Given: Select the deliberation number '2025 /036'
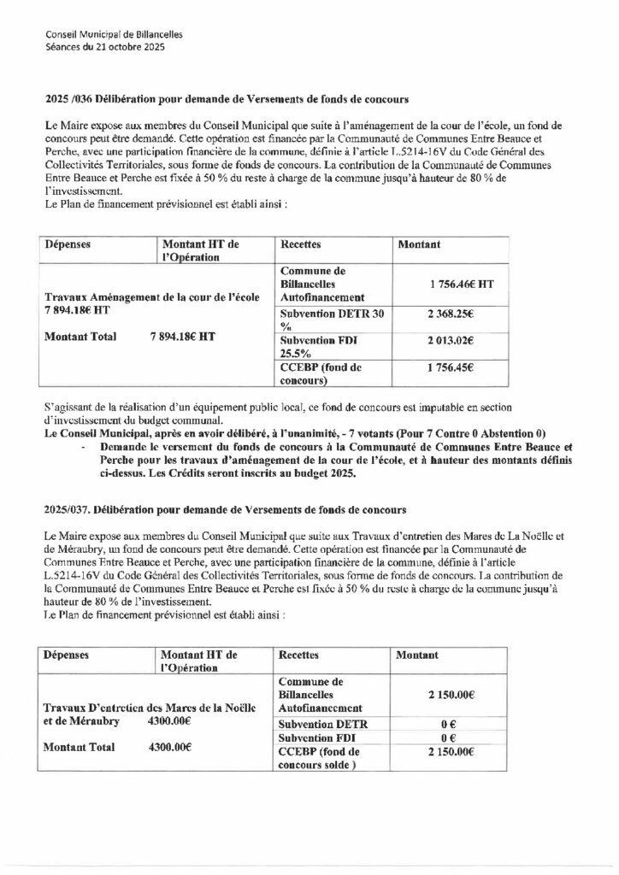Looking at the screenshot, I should pyautogui.click(x=68, y=99).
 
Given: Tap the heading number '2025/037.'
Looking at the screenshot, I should pyautogui.click(x=70, y=510).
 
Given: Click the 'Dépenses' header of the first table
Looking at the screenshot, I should pyautogui.click(x=68, y=244).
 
